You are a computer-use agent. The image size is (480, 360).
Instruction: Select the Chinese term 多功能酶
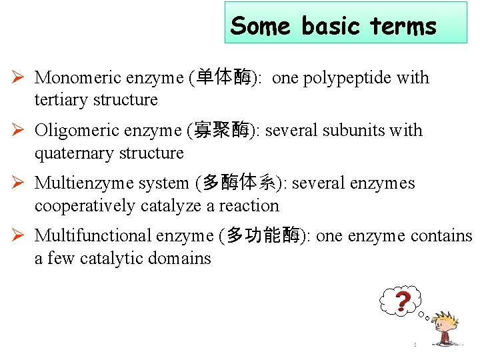[x=263, y=236]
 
